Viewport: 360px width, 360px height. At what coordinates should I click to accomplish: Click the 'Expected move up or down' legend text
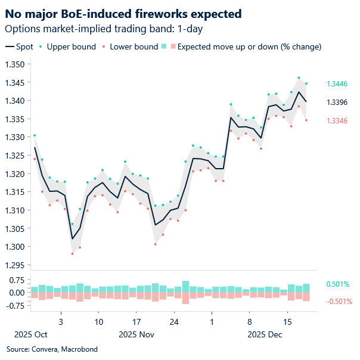[x=249, y=46]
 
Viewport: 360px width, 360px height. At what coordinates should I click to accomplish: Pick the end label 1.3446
[x=337, y=84]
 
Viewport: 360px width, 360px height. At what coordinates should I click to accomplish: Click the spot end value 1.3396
[x=337, y=103]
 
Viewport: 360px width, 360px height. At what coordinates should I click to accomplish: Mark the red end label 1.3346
[x=337, y=121]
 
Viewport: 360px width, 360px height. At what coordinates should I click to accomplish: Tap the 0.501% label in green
[x=337, y=284]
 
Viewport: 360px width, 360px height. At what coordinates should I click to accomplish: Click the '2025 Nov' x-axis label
[x=137, y=335]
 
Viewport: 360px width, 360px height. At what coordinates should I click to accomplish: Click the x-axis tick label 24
[x=174, y=321]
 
